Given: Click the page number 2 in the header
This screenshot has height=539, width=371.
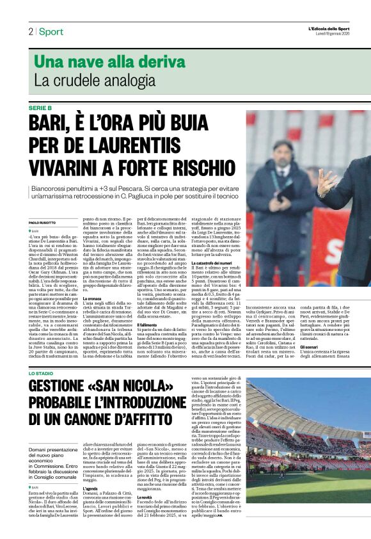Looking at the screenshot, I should click(x=30, y=31).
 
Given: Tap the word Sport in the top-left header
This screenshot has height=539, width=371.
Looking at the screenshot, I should click(x=51, y=31).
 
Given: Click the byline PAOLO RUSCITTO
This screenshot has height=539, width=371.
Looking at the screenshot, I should click(x=43, y=222).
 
